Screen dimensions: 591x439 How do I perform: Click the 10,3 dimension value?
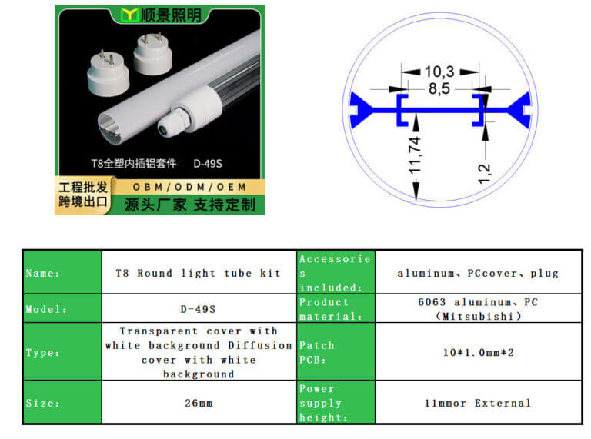(439, 72)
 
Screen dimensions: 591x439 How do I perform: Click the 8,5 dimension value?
(439, 88)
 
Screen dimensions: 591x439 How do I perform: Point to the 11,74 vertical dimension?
(415, 155)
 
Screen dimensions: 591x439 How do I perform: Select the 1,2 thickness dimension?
(485, 174)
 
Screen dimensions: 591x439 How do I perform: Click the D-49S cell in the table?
(199, 309)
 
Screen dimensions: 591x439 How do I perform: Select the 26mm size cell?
(199, 403)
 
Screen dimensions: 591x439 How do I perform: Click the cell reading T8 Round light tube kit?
(199, 273)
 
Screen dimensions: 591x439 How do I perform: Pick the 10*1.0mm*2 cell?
(479, 352)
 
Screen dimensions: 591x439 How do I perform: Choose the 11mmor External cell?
(479, 403)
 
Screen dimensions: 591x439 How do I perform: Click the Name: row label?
(42, 273)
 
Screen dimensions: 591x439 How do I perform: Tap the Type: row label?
(42, 353)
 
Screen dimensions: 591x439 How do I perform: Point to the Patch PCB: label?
(316, 352)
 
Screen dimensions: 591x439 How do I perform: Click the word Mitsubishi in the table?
(479, 316)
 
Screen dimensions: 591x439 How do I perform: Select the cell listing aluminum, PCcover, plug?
(479, 273)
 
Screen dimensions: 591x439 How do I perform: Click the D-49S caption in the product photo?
(208, 164)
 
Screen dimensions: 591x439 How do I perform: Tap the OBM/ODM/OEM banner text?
(189, 187)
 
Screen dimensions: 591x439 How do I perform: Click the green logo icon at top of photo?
(129, 15)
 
